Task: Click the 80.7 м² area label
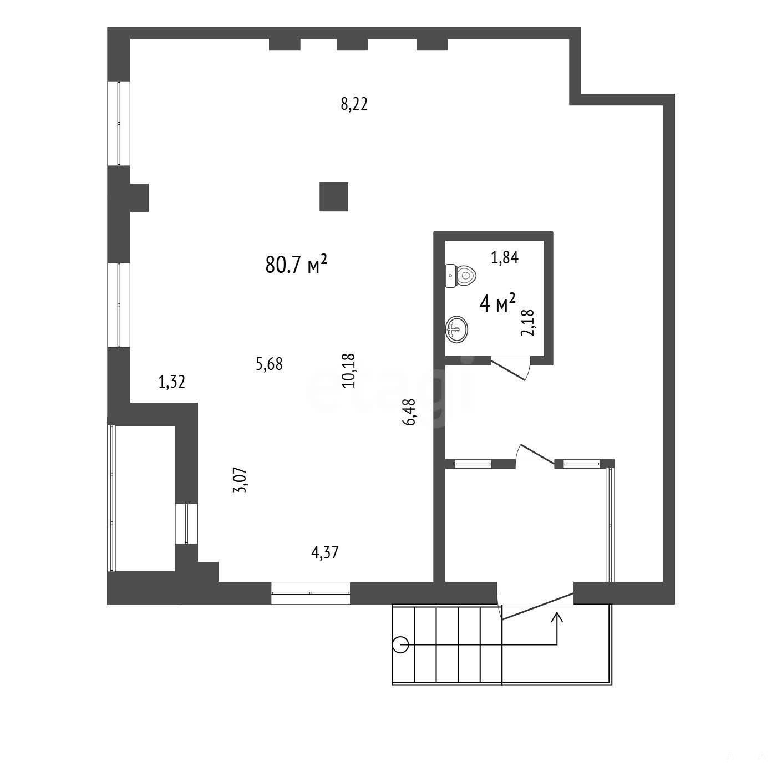[x=296, y=264]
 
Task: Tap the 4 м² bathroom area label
[x=497, y=303]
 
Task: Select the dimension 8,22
[x=354, y=104]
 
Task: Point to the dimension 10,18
[x=349, y=370]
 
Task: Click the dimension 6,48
[x=409, y=412]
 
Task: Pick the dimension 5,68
[x=269, y=364]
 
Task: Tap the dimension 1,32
[x=172, y=382]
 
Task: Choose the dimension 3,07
[x=240, y=480]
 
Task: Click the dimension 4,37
[x=324, y=553]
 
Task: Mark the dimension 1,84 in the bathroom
[x=505, y=257]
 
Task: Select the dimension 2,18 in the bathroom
[x=527, y=323]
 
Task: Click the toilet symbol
[x=460, y=276]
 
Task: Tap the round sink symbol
[x=456, y=329]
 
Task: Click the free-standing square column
[x=333, y=197]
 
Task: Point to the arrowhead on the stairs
[x=557, y=617]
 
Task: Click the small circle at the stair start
[x=400, y=644]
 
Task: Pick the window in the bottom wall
[x=311, y=593]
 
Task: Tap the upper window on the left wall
[x=119, y=123]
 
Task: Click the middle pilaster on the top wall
[x=352, y=44]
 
